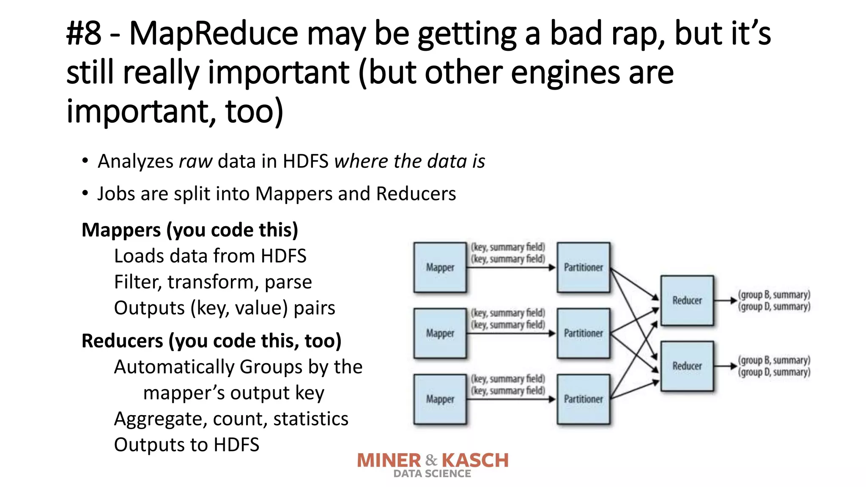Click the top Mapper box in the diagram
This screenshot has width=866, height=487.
[x=440, y=267]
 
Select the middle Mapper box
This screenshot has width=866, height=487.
[x=440, y=333]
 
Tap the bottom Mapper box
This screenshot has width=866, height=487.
[x=440, y=399]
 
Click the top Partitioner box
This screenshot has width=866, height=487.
[x=583, y=267]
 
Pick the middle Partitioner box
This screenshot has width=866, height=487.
[x=583, y=333]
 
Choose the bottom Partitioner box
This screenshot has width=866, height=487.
[x=583, y=399]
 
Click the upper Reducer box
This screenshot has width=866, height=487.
[x=687, y=300]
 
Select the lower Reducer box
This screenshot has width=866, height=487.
[x=687, y=366]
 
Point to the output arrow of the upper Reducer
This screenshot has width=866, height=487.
[x=725, y=301]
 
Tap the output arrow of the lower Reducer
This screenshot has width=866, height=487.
[x=725, y=366]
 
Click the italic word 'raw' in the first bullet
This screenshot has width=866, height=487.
[x=195, y=161]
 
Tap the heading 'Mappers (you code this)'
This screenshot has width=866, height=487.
[x=190, y=230]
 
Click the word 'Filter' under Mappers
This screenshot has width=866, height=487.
[x=137, y=282]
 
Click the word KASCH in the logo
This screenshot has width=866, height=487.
[x=475, y=460]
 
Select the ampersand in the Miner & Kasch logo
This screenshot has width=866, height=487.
[x=431, y=460]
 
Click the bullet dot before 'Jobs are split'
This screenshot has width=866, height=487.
[x=85, y=194]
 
